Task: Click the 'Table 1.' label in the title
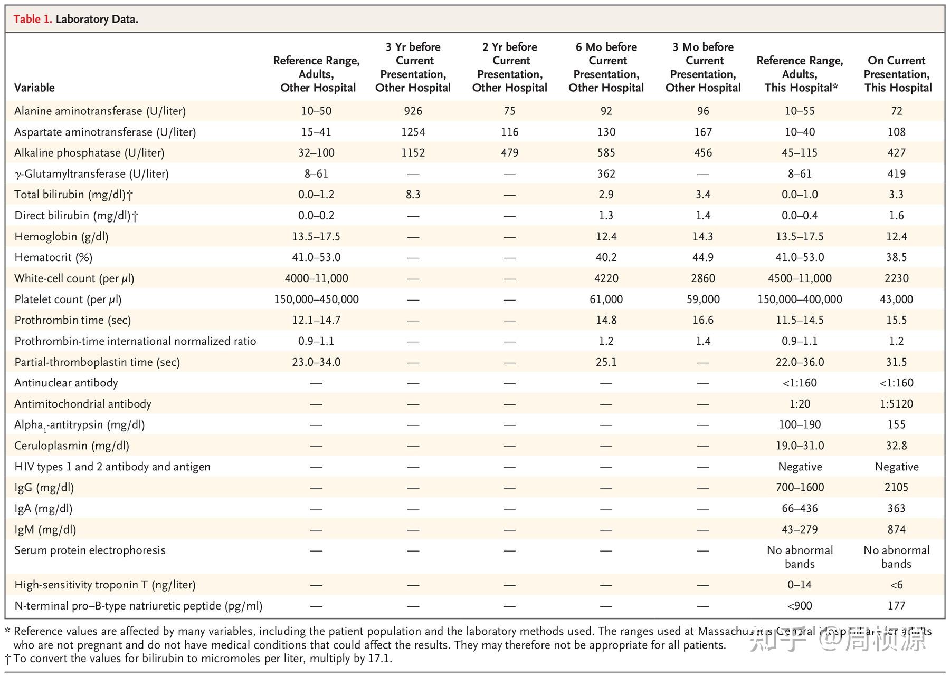32,20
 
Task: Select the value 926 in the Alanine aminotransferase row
413,111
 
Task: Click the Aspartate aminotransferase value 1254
413,132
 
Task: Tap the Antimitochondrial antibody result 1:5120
896,404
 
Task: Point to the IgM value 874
896,529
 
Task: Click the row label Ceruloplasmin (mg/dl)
72,446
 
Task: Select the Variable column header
34,88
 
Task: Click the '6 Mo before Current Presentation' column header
606,67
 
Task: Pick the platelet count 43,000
896,299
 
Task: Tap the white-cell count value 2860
703,278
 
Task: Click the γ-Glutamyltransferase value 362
606,173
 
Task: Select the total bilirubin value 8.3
413,195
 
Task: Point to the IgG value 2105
896,488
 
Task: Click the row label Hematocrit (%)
53,257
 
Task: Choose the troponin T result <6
896,585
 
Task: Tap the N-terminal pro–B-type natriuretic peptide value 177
896,606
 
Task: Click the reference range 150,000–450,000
316,299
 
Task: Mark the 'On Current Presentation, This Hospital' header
897,74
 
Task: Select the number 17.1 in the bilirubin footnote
381,659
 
